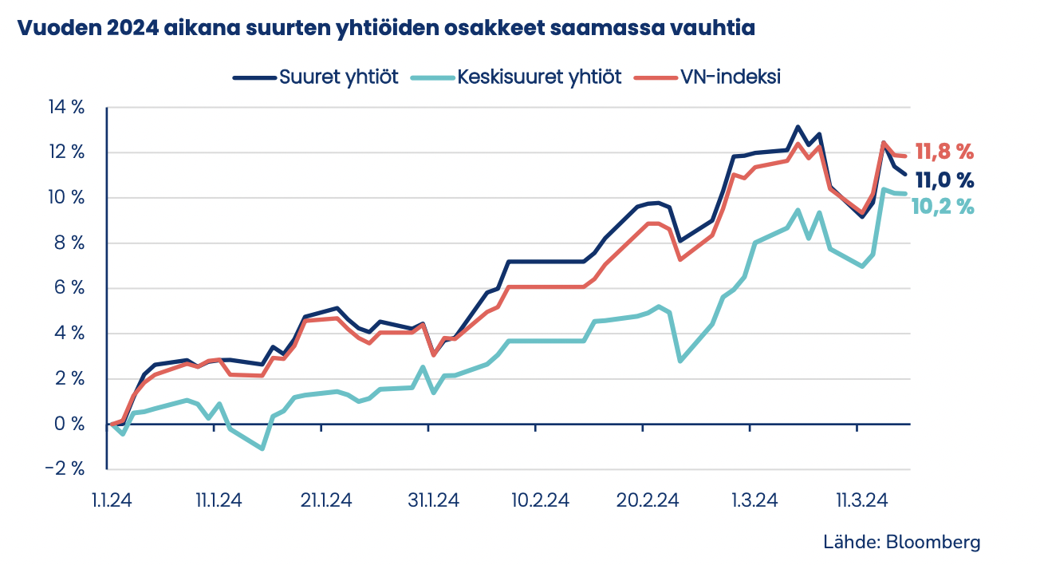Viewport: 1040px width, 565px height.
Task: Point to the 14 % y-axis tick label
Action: coord(67,108)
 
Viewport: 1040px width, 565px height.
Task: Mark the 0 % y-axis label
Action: coord(70,424)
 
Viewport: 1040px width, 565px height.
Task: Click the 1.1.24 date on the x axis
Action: coord(112,500)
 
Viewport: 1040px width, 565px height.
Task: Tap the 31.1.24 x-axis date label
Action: coord(433,500)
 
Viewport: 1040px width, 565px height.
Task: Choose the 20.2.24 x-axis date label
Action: coord(648,500)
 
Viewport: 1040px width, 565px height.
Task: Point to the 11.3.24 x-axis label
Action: coord(861,500)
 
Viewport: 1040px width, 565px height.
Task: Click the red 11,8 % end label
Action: coord(944,152)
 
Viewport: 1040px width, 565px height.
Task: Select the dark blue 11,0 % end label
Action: coord(944,180)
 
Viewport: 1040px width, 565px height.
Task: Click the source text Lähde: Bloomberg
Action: coord(901,542)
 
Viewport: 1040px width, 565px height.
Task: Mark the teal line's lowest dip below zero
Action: coord(262,448)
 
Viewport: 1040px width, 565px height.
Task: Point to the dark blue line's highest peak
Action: coord(798,127)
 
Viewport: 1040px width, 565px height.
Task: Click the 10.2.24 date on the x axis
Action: coord(541,500)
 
